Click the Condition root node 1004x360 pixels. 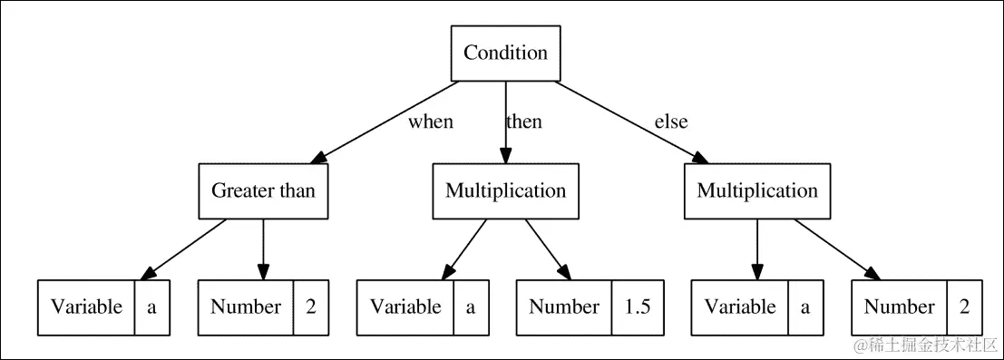(x=505, y=53)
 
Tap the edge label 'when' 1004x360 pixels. (x=430, y=122)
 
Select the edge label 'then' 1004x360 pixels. (x=523, y=122)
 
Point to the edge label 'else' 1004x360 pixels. (x=671, y=122)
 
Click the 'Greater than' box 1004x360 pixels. (x=263, y=190)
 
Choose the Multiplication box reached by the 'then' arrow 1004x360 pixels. (x=505, y=190)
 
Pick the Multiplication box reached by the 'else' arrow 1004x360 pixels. (x=756, y=190)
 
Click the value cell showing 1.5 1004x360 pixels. (x=638, y=307)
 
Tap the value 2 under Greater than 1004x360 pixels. (x=310, y=307)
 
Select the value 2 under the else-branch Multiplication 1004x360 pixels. (x=963, y=307)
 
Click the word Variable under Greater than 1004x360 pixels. (x=86, y=307)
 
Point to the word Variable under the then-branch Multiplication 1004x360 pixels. (x=405, y=307)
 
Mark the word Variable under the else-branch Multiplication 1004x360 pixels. (x=740, y=307)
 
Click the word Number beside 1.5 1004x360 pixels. (x=564, y=307)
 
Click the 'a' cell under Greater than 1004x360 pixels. (x=152, y=307)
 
